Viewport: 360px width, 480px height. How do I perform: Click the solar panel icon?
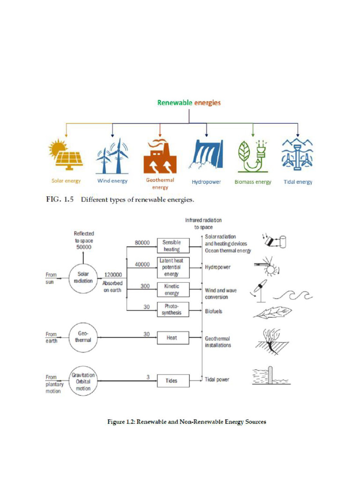pos(66,155)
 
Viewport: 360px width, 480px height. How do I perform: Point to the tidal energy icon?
pos(298,155)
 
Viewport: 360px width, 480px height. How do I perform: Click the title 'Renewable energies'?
pos(189,103)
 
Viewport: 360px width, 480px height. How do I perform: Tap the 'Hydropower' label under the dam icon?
pos(206,182)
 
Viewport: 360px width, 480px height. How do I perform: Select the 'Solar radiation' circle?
pos(83,277)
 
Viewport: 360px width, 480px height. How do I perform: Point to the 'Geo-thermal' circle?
pos(83,337)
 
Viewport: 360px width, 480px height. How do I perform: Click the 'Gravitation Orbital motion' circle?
pos(83,381)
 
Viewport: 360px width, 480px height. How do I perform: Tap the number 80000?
pos(142,243)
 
